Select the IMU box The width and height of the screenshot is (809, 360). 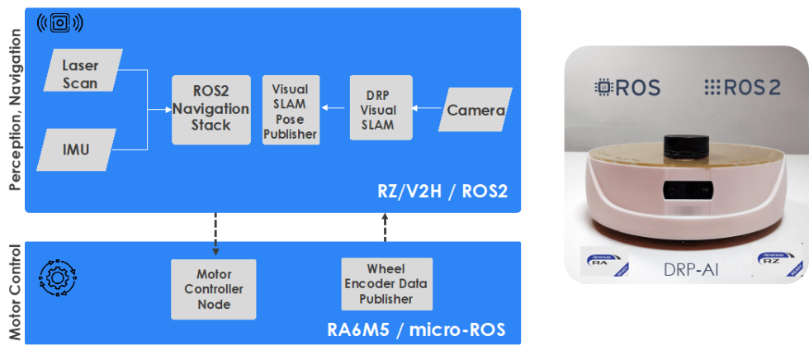(75, 149)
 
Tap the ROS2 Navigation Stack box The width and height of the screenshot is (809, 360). (211, 109)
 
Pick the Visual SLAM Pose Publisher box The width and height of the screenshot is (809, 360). (290, 110)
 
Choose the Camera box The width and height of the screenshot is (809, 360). (473, 109)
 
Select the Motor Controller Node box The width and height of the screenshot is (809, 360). (213, 289)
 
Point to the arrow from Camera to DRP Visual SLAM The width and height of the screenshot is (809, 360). (427, 108)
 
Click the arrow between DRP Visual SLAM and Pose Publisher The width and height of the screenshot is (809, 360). (334, 108)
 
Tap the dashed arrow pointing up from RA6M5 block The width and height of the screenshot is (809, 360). (386, 227)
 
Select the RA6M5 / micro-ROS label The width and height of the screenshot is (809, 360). (416, 332)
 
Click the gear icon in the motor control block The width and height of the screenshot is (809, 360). (57, 279)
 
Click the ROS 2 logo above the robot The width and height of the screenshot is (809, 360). (742, 88)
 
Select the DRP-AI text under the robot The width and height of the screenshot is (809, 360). (686, 269)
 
